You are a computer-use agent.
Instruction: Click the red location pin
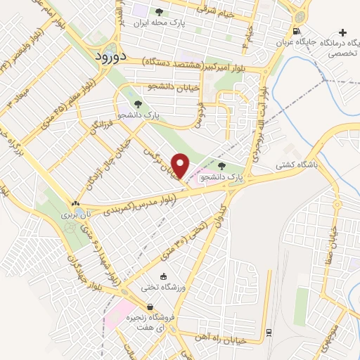181,166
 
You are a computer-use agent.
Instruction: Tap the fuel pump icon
297,30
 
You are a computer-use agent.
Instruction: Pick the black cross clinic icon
342,32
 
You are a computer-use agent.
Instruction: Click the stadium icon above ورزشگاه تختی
164,276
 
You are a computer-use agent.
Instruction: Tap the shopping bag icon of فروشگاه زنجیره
150,307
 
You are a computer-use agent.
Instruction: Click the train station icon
269,331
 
